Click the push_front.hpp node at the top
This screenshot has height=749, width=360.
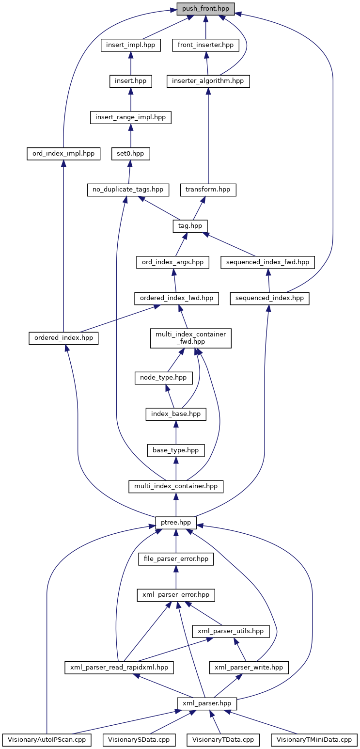coord(205,9)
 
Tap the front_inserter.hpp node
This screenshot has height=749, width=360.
coord(205,45)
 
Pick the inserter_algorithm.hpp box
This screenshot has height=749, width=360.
coord(208,81)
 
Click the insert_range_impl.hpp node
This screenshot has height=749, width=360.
coord(131,117)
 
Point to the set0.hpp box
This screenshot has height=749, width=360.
coord(131,154)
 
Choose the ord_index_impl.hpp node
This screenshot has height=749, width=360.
coord(63,154)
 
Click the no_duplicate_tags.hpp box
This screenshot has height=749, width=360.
coord(128,190)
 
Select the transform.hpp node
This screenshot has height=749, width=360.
coord(208,190)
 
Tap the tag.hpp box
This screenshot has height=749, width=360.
coord(190,226)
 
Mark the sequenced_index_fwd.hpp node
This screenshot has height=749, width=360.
coord(268,262)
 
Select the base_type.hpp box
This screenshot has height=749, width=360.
coord(176,450)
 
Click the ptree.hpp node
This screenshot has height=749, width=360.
coord(176,523)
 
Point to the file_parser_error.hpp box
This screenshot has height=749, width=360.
coord(176,558)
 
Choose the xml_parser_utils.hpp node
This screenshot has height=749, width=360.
coord(231,631)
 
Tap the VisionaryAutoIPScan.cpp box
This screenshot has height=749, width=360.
coord(47,740)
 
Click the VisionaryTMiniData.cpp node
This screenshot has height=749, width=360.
coord(314,740)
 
